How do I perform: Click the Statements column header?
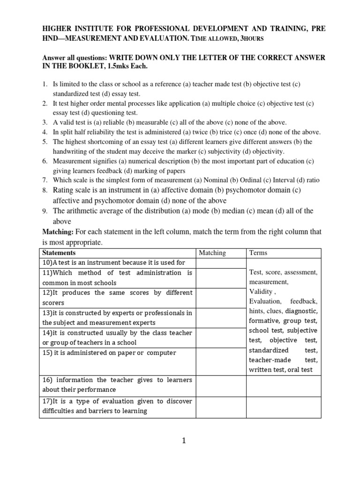coord(59,253)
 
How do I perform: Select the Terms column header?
coord(258,253)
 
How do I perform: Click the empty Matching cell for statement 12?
coord(221,298)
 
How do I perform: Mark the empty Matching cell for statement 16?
coord(221,385)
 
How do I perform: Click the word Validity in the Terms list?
coord(261,292)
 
